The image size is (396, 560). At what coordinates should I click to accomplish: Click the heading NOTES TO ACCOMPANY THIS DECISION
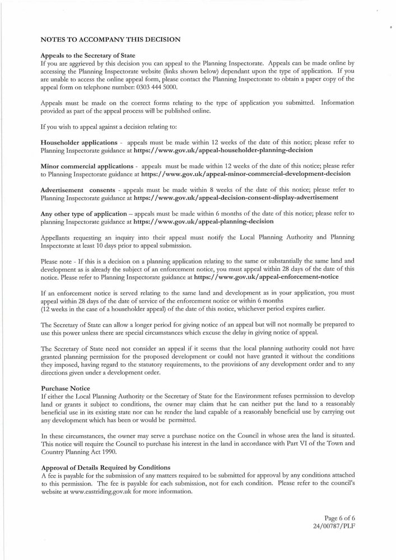(110, 40)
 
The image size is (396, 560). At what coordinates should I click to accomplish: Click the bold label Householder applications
(79, 143)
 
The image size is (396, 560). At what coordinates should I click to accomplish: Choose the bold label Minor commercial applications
(87, 167)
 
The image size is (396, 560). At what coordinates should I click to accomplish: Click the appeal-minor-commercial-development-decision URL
(246, 174)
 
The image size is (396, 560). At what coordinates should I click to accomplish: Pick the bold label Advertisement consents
(78, 190)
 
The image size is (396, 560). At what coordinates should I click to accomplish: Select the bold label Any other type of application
(84, 214)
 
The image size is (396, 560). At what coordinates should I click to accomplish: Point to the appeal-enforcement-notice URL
(266, 277)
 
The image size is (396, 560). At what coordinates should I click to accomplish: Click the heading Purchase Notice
(66, 388)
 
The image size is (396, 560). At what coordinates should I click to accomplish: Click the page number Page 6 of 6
(339, 519)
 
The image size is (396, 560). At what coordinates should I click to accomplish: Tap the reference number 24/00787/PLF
(334, 526)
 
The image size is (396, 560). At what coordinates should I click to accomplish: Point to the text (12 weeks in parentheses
(57, 309)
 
